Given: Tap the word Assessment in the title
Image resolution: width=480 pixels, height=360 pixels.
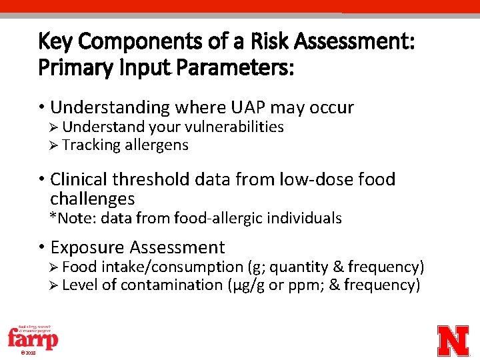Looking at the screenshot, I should [x=354, y=42].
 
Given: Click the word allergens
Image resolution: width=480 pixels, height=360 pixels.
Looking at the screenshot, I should [x=156, y=145].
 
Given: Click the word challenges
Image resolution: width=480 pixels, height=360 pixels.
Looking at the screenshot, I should [x=92, y=198].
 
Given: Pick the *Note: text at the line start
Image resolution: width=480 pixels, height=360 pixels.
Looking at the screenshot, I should [x=70, y=218].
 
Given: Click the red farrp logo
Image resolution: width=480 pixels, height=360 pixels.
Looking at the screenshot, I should [x=33, y=338].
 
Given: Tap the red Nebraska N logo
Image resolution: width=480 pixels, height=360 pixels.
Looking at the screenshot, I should [x=453, y=340].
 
